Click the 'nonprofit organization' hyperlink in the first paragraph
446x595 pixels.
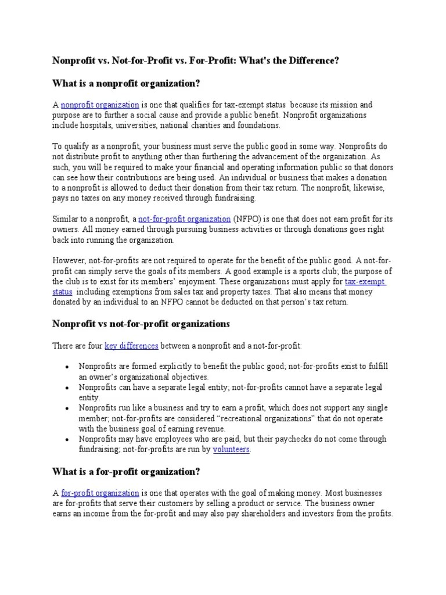coord(100,105)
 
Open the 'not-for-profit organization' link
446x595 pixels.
coord(184,219)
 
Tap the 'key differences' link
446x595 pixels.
coord(131,346)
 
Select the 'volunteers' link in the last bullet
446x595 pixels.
coord(231,450)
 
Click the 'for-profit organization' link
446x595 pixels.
coord(100,493)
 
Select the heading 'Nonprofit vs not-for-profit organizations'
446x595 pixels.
coord(142,323)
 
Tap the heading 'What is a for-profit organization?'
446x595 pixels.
coord(127,471)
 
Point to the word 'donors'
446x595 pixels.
coord(380,167)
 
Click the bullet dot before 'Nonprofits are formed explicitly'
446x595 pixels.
coord(68,367)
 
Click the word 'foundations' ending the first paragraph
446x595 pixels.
coord(259,125)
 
